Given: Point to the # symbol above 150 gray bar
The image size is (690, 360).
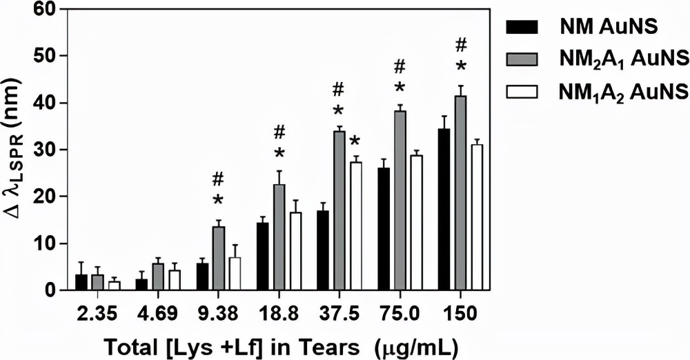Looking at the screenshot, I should (462, 46).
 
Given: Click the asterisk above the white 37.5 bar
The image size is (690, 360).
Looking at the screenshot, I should (356, 143).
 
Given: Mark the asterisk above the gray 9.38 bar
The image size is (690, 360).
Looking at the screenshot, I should (218, 200).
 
